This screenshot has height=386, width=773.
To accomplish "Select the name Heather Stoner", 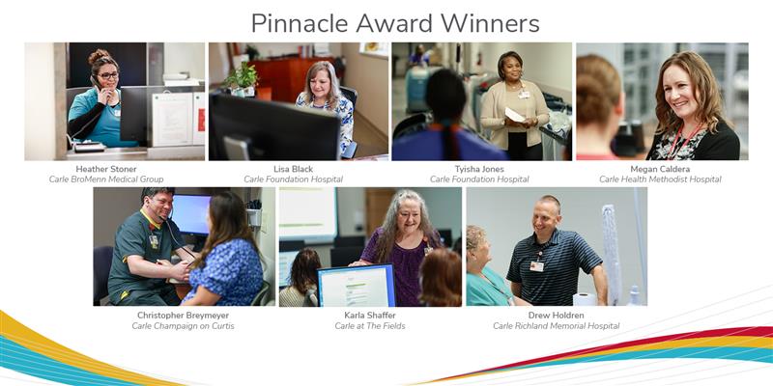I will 106,168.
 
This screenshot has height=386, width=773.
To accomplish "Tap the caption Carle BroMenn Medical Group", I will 106,179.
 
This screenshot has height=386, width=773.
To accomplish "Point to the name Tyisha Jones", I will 479,168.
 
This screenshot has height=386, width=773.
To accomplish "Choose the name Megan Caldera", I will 661,168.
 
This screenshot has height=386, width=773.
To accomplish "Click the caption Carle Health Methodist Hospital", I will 661,179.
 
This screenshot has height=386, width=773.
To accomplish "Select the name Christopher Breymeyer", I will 183,315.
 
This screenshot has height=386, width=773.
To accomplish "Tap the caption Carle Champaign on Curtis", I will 183,326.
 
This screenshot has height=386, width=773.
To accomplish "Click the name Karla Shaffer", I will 370,315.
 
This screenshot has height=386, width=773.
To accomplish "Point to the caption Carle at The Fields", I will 370,326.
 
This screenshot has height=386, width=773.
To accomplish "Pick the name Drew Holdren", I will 556,315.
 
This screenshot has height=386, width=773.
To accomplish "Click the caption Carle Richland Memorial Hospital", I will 556,326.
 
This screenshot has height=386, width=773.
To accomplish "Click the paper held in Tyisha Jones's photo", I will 515,114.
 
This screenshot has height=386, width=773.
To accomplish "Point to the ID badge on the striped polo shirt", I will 536,266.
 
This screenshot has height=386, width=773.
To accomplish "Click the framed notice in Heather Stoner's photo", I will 171,118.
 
